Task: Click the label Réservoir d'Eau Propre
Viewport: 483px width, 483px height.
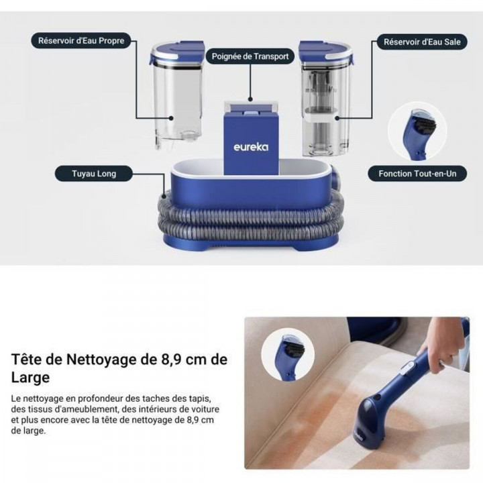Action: (x=80, y=41)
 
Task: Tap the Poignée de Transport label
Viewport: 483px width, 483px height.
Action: (x=250, y=57)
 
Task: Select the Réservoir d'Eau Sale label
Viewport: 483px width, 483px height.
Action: (x=422, y=42)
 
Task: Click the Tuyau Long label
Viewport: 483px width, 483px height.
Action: (x=94, y=174)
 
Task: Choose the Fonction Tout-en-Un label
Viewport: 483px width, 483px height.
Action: (x=417, y=174)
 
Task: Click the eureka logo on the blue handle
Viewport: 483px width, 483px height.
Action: (x=251, y=146)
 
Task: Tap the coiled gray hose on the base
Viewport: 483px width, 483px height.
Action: (x=248, y=221)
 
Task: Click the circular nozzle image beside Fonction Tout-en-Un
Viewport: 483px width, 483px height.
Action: (x=417, y=130)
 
